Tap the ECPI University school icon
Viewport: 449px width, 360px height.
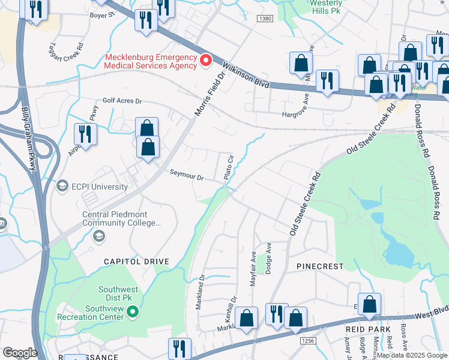[61, 186]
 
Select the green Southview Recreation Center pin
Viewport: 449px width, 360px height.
[133, 311]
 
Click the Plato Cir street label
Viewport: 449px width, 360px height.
[228, 167]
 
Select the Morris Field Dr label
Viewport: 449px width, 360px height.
[208, 93]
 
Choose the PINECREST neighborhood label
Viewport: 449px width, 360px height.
[321, 266]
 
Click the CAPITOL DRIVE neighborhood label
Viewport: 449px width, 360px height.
[136, 262]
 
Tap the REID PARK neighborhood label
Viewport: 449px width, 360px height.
[368, 329]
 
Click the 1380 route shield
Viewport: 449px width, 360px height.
[265, 20]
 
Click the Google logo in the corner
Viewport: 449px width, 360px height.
[20, 352]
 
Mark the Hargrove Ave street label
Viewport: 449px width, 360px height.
[300, 114]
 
